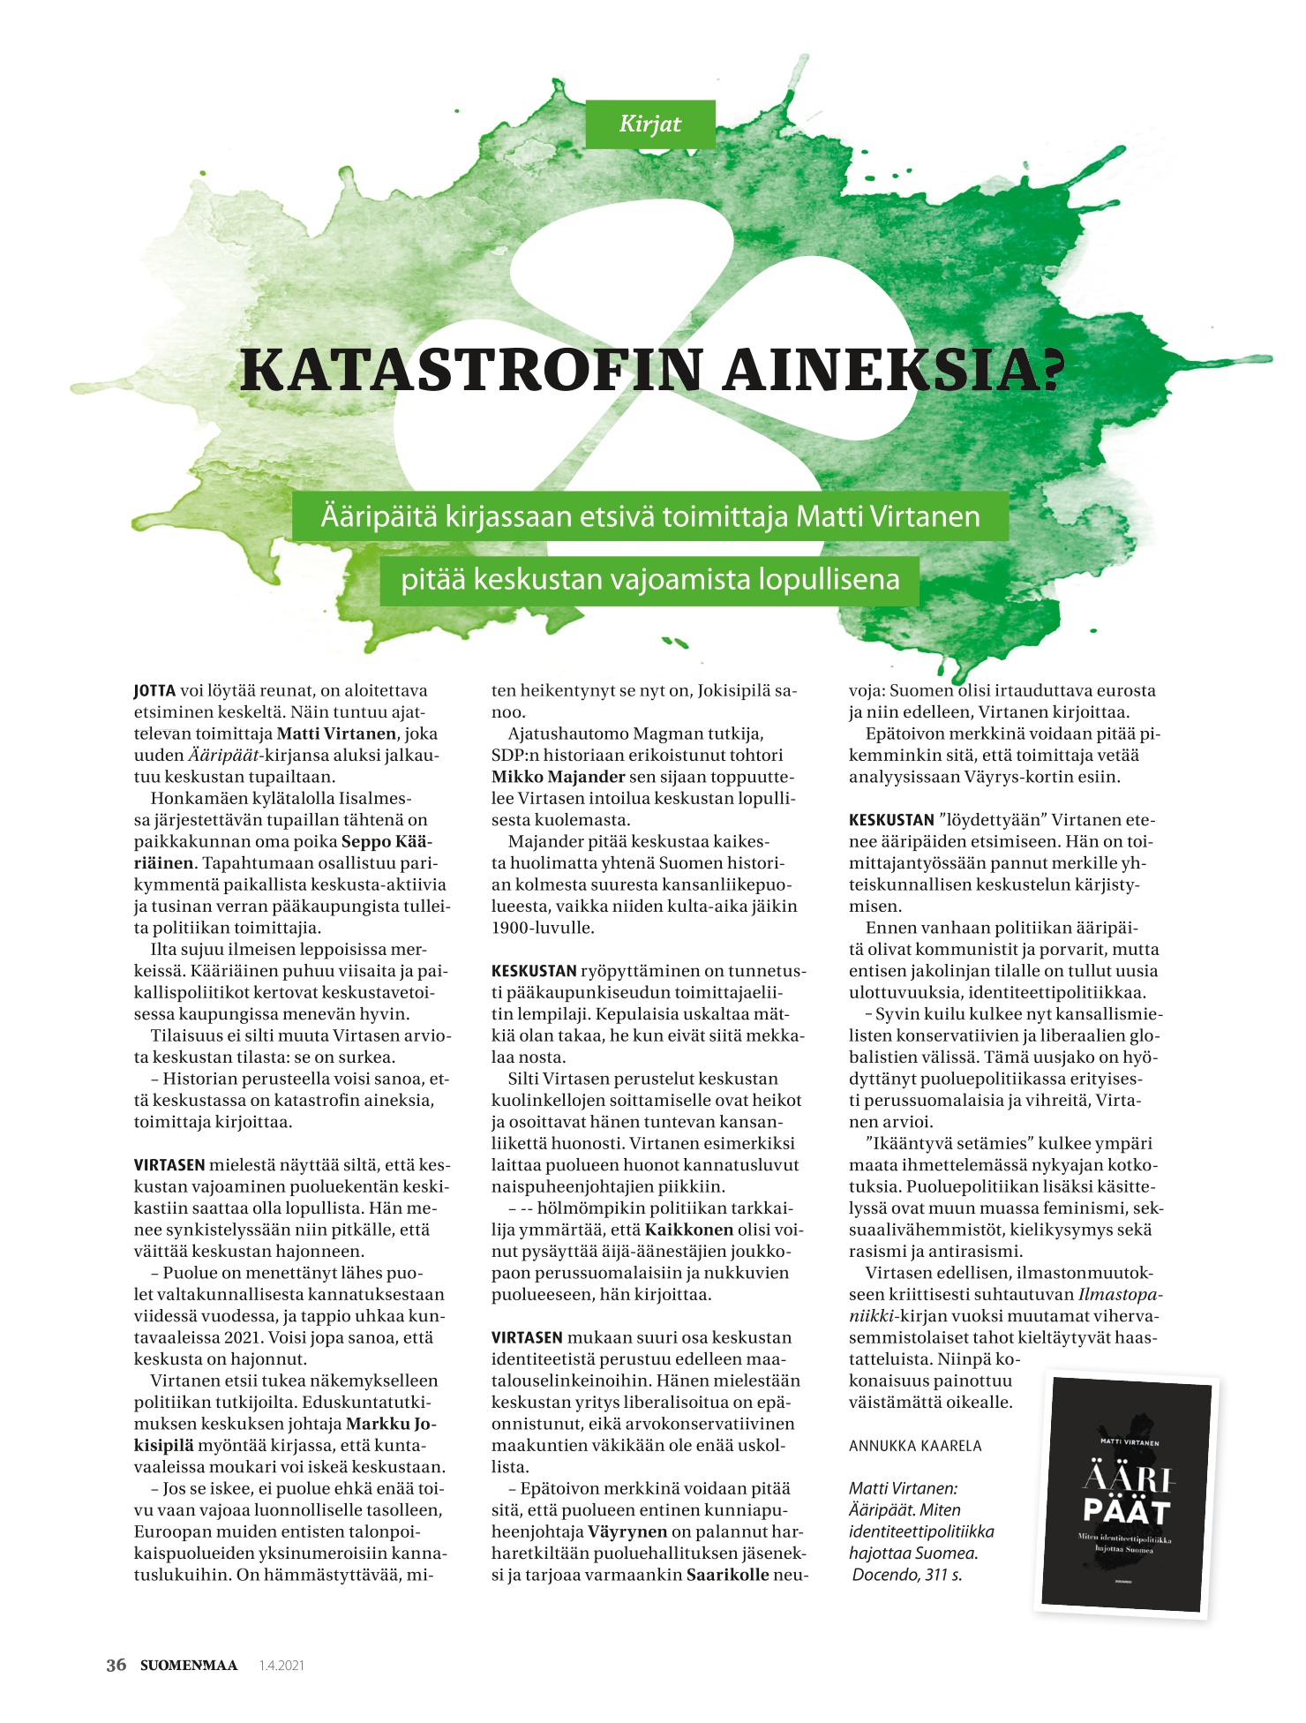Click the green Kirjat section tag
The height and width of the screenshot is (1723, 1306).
[x=649, y=124]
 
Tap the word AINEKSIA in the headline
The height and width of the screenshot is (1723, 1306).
[x=893, y=371]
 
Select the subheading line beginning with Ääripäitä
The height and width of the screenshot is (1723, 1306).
[x=650, y=515]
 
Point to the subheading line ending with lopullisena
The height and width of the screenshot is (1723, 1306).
[x=650, y=580]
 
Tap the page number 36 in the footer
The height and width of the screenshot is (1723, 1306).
[x=116, y=1665]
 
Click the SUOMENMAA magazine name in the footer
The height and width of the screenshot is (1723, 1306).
[x=189, y=1666]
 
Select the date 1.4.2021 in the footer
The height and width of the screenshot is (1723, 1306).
[x=281, y=1666]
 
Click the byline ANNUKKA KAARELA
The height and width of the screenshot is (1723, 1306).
[x=915, y=1446]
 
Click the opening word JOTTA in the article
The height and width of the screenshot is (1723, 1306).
[x=154, y=691]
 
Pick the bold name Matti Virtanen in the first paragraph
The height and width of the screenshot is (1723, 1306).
[x=336, y=734]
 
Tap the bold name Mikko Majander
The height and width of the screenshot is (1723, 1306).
[x=558, y=777]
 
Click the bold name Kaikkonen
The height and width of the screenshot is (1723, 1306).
[x=689, y=1230]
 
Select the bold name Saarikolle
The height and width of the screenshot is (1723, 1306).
[x=728, y=1575]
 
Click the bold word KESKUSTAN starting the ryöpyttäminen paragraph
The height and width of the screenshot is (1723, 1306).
[x=534, y=971]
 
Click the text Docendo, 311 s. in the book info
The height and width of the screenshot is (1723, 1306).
[x=906, y=1575]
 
